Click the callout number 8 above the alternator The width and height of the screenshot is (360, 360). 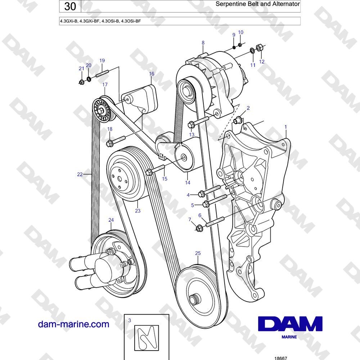point(203,43)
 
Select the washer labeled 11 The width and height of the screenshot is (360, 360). point(252,50)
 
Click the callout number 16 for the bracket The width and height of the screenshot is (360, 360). point(152,74)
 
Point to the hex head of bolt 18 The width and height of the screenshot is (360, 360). point(109,144)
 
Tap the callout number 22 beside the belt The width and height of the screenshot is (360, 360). point(80,174)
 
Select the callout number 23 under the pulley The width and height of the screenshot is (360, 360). point(138,211)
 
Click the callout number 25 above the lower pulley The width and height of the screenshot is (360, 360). point(198,253)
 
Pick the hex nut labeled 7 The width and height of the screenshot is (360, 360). point(199,229)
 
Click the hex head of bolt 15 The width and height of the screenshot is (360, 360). point(149,172)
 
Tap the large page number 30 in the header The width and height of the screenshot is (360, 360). point(70,6)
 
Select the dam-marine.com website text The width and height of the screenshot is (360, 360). point(73,324)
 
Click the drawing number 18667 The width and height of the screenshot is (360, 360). point(281,358)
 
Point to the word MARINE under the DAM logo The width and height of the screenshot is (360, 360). point(289,337)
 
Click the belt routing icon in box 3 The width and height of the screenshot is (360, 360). point(147,338)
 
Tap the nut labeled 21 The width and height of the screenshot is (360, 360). point(81,82)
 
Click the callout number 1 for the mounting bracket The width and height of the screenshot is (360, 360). point(285,127)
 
